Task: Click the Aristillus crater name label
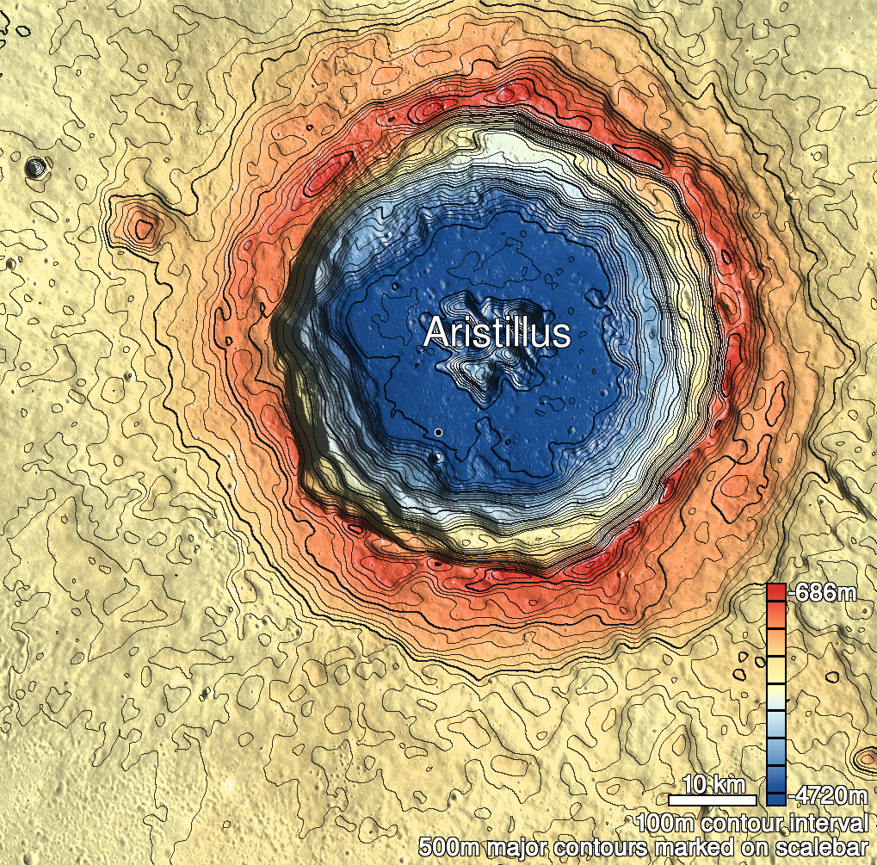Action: (x=497, y=333)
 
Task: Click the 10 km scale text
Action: (x=713, y=784)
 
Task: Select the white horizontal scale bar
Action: (x=713, y=800)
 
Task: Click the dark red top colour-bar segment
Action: (x=775, y=591)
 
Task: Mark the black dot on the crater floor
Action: (x=438, y=431)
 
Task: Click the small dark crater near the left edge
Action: (x=34, y=166)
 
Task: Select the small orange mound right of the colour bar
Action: (x=864, y=758)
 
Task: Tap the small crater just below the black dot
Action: (x=440, y=456)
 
